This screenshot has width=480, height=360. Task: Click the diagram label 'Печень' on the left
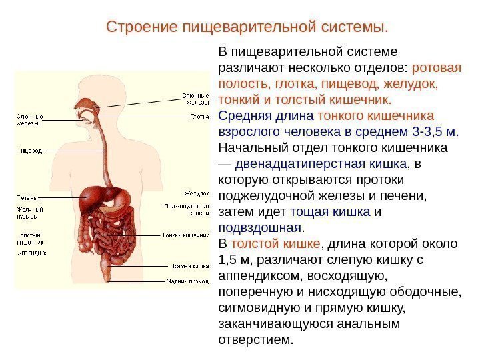pos(26,198)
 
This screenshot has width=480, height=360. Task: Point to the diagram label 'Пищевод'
pos(29,151)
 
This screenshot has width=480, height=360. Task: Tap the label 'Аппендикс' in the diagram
pos(31,253)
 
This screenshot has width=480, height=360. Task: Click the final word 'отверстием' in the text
pos(255,339)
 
